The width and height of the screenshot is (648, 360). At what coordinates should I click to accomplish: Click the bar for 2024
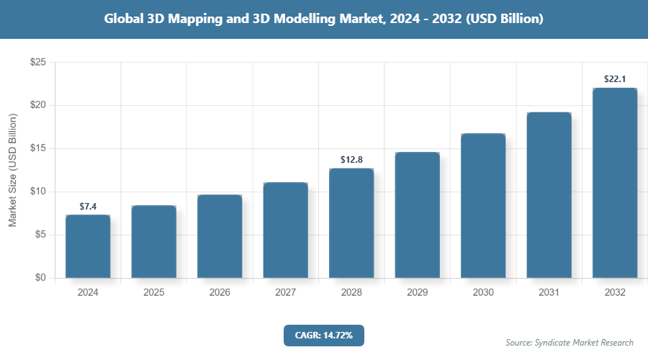(88, 246)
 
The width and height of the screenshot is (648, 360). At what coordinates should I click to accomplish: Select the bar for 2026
(220, 236)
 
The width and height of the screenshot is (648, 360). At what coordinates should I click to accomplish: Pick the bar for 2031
(549, 195)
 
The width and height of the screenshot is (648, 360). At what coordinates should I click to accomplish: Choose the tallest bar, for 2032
(615, 183)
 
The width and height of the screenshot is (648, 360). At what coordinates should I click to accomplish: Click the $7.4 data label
(88, 207)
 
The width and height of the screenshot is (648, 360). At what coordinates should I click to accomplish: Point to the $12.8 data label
(351, 160)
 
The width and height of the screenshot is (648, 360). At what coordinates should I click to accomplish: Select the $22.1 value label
(615, 79)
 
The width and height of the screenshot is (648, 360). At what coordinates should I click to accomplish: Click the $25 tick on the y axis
(38, 63)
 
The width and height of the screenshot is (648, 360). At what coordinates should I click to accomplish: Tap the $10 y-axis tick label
(38, 192)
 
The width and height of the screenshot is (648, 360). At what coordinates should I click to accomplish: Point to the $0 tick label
(41, 278)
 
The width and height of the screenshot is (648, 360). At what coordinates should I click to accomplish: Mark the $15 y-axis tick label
(38, 149)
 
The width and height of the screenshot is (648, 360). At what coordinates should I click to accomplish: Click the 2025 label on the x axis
(154, 293)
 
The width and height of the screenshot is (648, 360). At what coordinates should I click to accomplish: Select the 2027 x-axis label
(286, 293)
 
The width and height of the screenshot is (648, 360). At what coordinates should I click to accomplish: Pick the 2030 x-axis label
(483, 293)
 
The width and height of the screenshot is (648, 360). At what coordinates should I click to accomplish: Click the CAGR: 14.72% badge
(324, 335)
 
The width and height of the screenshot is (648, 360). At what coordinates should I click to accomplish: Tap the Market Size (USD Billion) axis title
(12, 170)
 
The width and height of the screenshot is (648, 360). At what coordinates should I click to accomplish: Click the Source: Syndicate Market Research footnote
(569, 342)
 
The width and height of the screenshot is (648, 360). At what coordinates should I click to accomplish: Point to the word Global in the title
(125, 19)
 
